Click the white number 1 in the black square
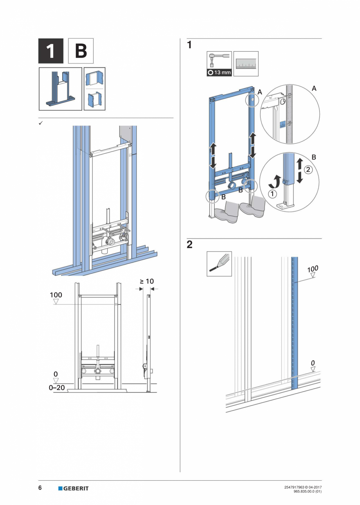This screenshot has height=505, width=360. tap(50, 51)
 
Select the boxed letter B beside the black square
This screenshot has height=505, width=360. tap(81, 51)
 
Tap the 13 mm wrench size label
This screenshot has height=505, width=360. tap(219, 73)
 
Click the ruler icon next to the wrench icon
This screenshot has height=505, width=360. tap(246, 63)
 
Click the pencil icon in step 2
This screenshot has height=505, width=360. tap(219, 264)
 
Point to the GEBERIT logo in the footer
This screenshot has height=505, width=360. tap(74, 488)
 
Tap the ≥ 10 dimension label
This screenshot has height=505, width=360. tap(147, 281)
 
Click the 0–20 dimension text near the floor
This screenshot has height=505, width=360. tap(57, 388)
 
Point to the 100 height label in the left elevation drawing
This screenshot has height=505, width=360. tap(56, 295)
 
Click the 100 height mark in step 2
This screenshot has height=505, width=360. tap(312, 269)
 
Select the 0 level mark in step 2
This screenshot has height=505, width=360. tap(313, 363)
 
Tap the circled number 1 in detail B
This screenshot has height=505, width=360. tap(271, 193)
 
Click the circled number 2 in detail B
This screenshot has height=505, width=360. tap(309, 170)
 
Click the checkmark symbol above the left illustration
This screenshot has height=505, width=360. tap(40, 123)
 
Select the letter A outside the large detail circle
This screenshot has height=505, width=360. tap(314, 89)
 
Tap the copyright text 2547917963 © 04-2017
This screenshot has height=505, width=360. tap(303, 487)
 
